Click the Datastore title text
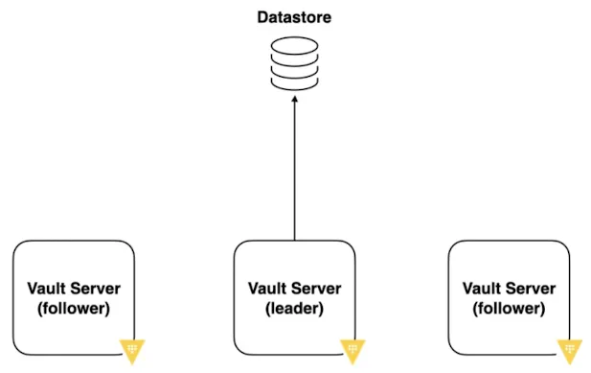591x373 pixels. (x=294, y=17)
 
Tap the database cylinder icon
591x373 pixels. (x=295, y=63)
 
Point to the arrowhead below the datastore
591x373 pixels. (x=295, y=99)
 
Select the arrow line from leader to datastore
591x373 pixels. (x=295, y=168)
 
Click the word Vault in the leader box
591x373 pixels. (x=267, y=289)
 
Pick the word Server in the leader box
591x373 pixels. (x=315, y=289)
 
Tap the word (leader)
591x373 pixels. (x=295, y=309)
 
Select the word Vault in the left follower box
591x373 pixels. (x=46, y=289)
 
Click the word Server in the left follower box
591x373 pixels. (x=95, y=289)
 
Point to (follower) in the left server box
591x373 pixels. (x=74, y=309)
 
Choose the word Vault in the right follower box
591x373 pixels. (x=481, y=289)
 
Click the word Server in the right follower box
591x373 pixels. (x=530, y=289)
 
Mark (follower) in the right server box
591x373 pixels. (x=510, y=309)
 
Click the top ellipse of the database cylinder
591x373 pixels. (x=295, y=46)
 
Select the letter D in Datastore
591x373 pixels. (x=262, y=17)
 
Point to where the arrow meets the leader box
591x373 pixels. (x=295, y=241)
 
